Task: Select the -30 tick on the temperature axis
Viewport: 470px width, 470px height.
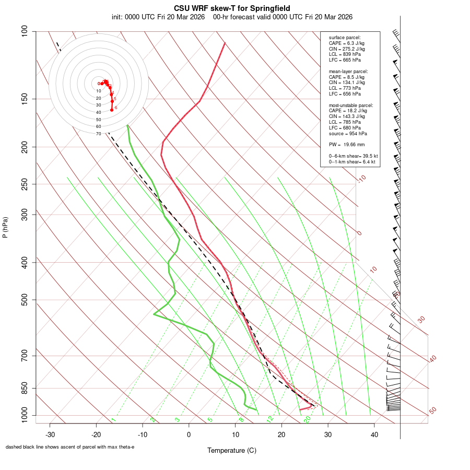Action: [50, 434]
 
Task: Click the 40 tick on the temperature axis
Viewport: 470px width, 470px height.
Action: [374, 434]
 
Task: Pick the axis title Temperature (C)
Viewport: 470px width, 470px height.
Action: [231, 450]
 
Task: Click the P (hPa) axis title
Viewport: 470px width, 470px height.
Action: [5, 227]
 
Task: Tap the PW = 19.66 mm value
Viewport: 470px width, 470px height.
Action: [347, 145]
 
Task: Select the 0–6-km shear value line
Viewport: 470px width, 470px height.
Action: [353, 156]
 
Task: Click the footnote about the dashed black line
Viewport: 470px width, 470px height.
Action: [70, 447]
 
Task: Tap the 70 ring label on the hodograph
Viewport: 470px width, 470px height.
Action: [98, 134]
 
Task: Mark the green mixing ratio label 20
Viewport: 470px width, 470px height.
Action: [308, 419]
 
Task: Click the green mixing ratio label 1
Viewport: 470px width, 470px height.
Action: [113, 419]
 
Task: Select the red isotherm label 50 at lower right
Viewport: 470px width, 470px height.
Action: [432, 411]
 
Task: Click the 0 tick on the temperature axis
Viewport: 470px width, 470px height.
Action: [189, 434]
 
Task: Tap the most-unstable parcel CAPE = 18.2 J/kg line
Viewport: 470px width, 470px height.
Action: [348, 111]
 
